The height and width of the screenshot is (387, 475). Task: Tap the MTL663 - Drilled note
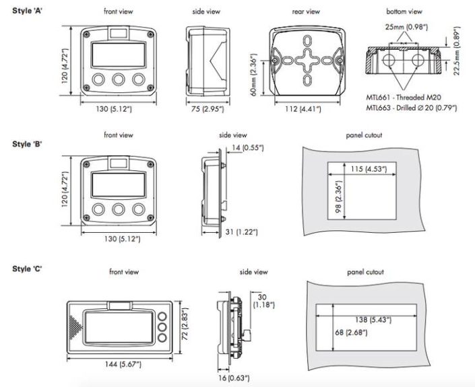click(x=411, y=108)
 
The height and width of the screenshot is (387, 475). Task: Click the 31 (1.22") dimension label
click(x=242, y=232)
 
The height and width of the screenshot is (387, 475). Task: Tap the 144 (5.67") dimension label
click(x=119, y=364)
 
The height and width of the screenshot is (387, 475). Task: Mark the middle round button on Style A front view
click(x=119, y=79)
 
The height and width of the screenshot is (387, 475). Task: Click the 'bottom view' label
click(x=404, y=12)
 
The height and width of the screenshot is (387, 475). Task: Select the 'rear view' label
click(x=306, y=12)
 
